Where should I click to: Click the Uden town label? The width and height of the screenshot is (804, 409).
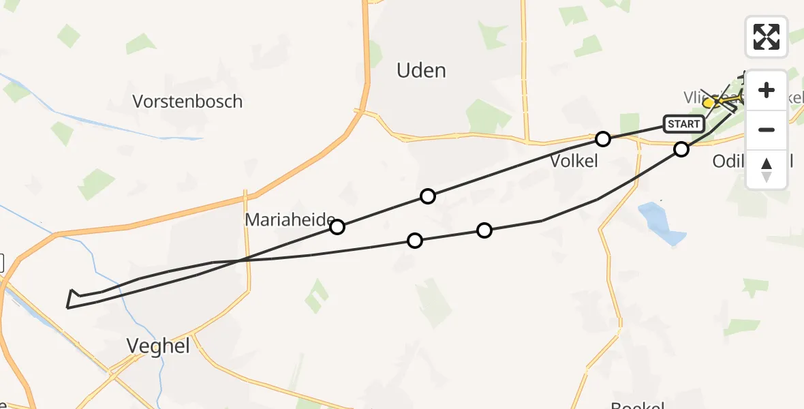(x=421, y=70)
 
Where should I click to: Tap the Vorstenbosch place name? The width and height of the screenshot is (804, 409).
(x=187, y=102)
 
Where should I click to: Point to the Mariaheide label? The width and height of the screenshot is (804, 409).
(x=289, y=220)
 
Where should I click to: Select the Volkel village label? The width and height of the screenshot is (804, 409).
(x=574, y=161)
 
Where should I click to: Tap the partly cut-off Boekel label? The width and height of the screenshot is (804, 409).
(x=638, y=405)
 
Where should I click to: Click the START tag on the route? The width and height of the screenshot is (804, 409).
(x=683, y=124)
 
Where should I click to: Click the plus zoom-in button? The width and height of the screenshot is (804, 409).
(x=767, y=90)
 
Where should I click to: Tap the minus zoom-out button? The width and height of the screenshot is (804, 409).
(x=767, y=130)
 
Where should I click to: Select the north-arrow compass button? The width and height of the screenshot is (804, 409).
(x=767, y=169)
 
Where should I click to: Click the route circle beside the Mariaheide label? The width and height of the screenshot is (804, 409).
(x=337, y=227)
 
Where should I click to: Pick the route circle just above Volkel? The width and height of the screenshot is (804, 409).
(x=602, y=139)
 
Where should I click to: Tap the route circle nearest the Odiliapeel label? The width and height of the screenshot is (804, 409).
(x=681, y=149)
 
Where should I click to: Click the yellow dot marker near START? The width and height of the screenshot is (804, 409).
(x=709, y=103)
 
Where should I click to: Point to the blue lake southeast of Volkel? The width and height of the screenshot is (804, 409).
(x=662, y=224)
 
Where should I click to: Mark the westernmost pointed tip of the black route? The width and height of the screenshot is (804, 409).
(x=67, y=307)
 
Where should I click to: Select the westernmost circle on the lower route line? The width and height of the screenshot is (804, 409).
(x=414, y=241)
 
